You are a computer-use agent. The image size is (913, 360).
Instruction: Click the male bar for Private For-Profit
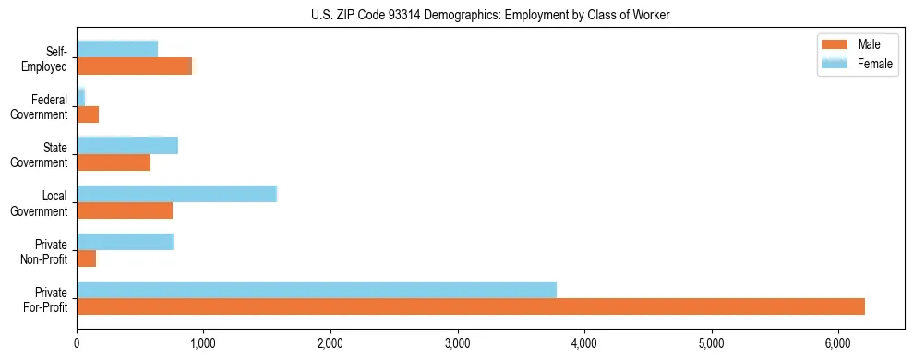tap(471, 306)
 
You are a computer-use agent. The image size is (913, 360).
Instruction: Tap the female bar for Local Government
tap(176, 194)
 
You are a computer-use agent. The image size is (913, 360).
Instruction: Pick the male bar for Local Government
tap(125, 210)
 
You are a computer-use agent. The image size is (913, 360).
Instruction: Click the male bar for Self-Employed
tap(135, 66)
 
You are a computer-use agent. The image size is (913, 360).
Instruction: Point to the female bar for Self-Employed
tap(117, 49)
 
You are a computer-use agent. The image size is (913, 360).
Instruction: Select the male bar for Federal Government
tap(88, 114)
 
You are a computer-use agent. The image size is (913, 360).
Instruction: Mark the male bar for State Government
tap(114, 162)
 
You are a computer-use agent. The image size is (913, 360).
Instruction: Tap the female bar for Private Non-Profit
tap(125, 242)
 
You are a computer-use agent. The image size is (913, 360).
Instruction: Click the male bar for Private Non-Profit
tap(87, 258)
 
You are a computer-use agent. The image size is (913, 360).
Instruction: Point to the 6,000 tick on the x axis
tap(838, 343)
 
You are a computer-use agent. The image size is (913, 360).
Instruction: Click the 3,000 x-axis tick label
tap(458, 343)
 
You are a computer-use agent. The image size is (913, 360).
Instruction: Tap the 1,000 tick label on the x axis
tap(203, 343)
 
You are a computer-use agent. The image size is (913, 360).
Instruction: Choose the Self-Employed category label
tap(46, 58)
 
